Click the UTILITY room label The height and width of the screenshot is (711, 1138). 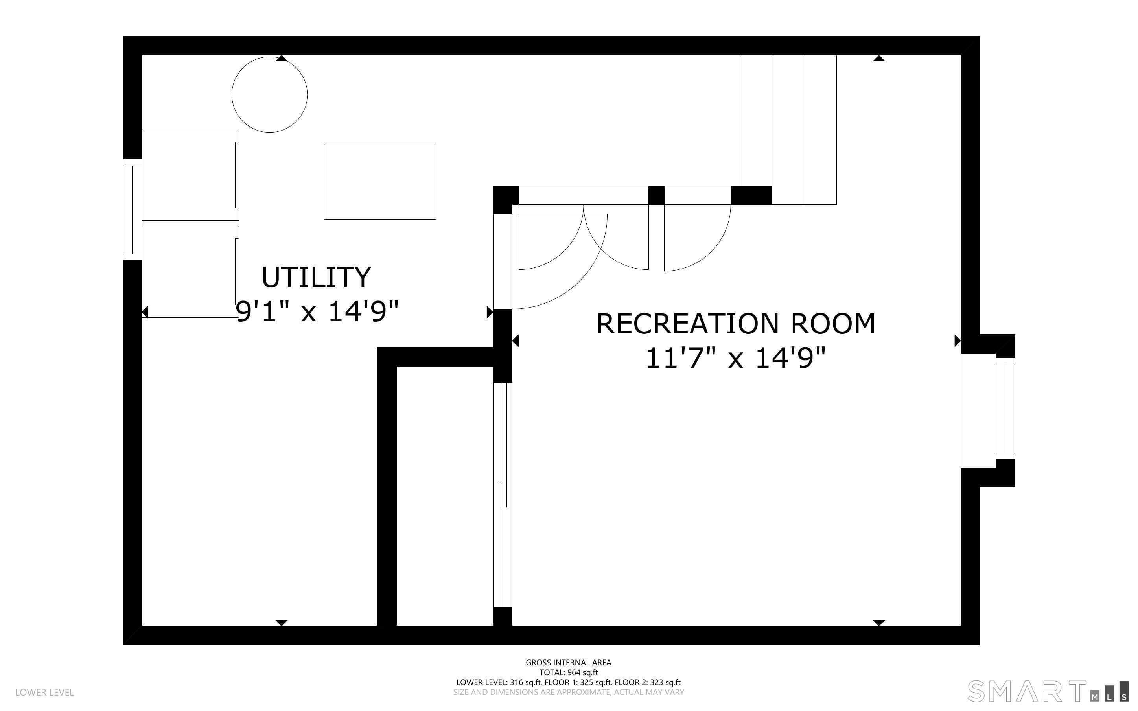pyautogui.click(x=316, y=278)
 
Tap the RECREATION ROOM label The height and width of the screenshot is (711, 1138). pyautogui.click(x=736, y=324)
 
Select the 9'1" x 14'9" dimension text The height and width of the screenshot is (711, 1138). pyautogui.click(x=317, y=311)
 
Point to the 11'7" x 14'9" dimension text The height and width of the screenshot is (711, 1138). pyautogui.click(x=736, y=358)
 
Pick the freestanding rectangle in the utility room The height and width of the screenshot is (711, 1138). pyautogui.click(x=380, y=182)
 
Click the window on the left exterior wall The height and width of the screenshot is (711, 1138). pyautogui.click(x=132, y=210)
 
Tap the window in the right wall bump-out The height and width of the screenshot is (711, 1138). pyautogui.click(x=1005, y=409)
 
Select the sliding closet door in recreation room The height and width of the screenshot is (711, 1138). pyautogui.click(x=503, y=495)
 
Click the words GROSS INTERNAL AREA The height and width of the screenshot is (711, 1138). pyautogui.click(x=568, y=663)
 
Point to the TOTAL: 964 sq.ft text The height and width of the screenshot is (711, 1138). pyautogui.click(x=568, y=672)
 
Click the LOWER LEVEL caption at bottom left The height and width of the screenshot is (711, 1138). pyautogui.click(x=45, y=692)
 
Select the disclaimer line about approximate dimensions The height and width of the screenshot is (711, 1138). pyautogui.click(x=568, y=692)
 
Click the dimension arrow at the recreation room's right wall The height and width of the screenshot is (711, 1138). pyautogui.click(x=958, y=341)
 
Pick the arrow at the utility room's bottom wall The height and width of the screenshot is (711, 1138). pyautogui.click(x=282, y=623)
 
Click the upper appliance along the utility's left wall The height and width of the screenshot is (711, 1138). pyautogui.click(x=190, y=175)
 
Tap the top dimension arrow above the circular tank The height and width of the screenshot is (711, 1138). pyautogui.click(x=282, y=58)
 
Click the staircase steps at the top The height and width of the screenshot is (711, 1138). pyautogui.click(x=789, y=130)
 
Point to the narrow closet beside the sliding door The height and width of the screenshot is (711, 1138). pyautogui.click(x=445, y=495)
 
